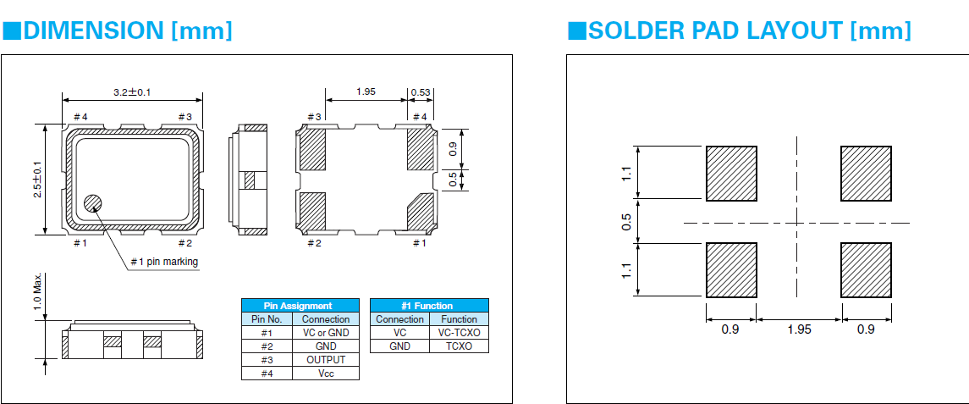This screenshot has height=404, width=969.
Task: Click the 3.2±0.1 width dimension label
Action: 132,91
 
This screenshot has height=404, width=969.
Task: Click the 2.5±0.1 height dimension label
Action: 37,180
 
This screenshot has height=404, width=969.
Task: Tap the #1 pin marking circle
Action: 92,203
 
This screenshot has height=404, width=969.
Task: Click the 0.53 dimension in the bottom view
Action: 421,91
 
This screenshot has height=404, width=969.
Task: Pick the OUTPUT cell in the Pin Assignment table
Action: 326,359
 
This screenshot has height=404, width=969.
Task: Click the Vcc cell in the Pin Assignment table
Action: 326,373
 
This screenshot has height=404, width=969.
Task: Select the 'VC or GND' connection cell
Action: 326,333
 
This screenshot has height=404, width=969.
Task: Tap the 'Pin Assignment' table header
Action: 300,306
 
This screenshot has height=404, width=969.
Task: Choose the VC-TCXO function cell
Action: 460,333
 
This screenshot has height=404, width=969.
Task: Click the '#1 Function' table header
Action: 429,306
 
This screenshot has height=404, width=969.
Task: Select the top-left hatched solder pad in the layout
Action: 731,174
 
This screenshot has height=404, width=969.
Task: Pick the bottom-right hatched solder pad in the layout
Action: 866,270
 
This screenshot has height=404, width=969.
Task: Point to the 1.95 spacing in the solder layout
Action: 798,329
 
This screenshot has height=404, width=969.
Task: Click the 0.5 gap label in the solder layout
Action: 627,222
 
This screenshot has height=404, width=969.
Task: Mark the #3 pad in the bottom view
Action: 313,149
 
